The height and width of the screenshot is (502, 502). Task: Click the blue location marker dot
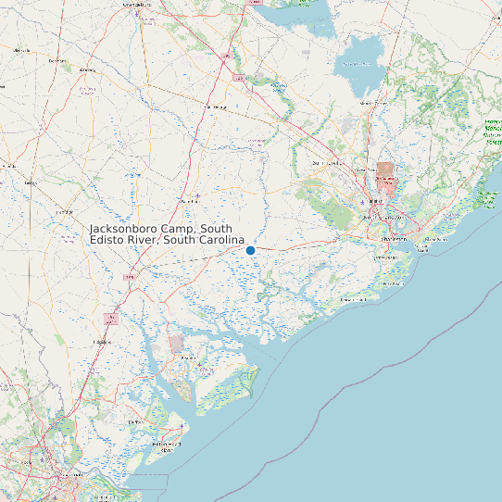250,250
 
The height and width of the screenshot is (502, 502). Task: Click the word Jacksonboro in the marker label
126,229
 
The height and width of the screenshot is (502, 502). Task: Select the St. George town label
215,107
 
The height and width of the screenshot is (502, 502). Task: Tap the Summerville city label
327,163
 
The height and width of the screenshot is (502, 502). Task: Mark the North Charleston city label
375,200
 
